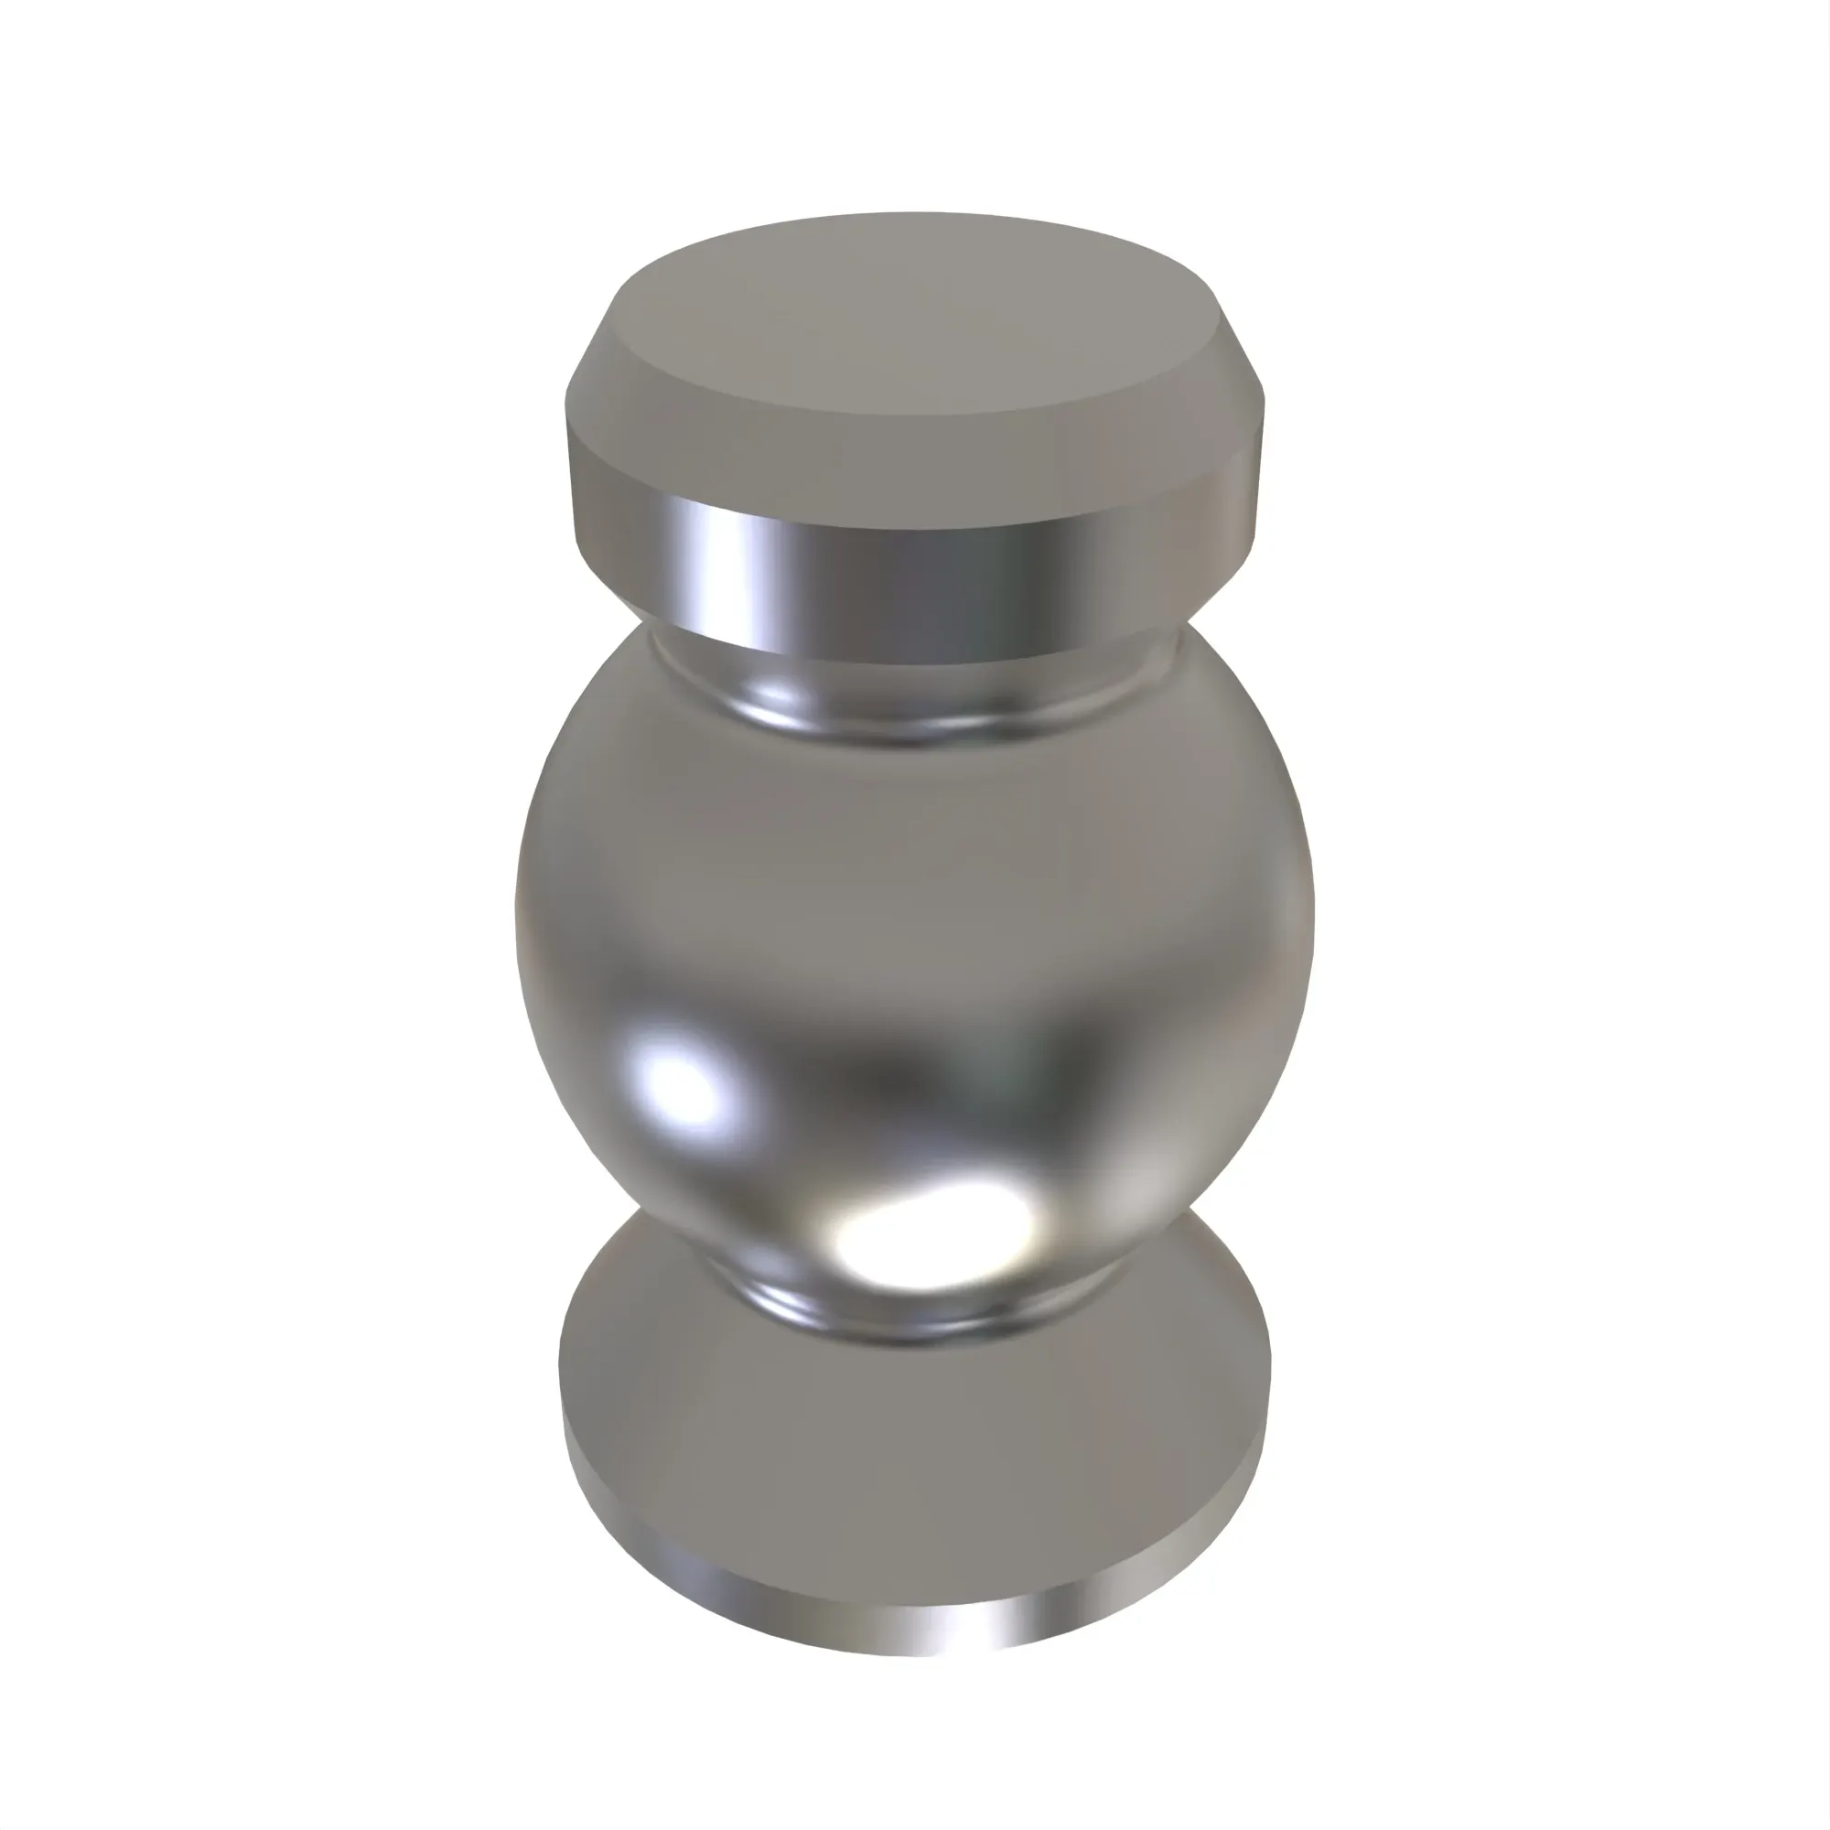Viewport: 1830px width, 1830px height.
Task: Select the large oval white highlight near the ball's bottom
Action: [933, 1232]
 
